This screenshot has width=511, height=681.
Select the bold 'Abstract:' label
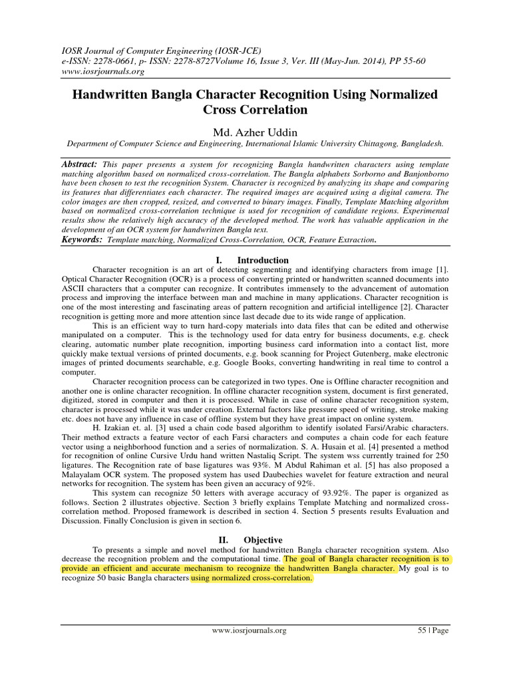click(x=79, y=163)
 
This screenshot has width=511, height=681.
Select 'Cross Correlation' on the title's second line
click(x=255, y=109)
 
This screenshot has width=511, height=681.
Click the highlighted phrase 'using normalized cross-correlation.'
click(x=251, y=579)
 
